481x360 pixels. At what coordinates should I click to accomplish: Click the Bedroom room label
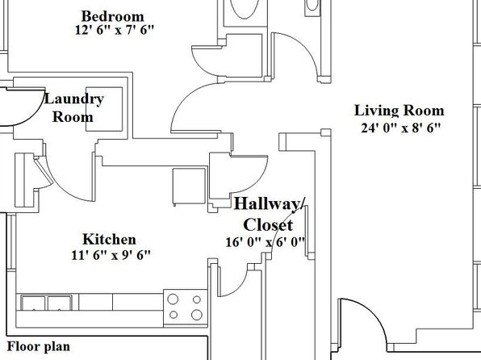pyautogui.click(x=112, y=17)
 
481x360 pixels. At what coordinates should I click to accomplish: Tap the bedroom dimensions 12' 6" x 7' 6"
pyautogui.click(x=114, y=30)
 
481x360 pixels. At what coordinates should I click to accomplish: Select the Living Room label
pyautogui.click(x=399, y=111)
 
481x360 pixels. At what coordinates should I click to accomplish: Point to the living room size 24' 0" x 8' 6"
pyautogui.click(x=400, y=128)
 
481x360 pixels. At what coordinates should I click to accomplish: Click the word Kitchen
pyautogui.click(x=109, y=240)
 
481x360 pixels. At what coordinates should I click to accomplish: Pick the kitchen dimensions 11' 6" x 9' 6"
pyautogui.click(x=111, y=255)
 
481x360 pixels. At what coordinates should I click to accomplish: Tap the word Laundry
pyautogui.click(x=74, y=98)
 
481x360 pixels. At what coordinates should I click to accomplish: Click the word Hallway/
pyautogui.click(x=270, y=203)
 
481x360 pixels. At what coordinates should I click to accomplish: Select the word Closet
pyautogui.click(x=268, y=224)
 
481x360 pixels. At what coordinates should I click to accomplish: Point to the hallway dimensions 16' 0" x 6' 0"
pyautogui.click(x=265, y=242)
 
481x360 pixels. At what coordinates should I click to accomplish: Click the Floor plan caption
pyautogui.click(x=39, y=346)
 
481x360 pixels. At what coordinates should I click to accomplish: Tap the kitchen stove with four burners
pyautogui.click(x=186, y=308)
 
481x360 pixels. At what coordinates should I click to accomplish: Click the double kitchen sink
pyautogui.click(x=47, y=303)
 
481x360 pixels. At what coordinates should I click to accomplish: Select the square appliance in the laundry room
pyautogui.click(x=104, y=109)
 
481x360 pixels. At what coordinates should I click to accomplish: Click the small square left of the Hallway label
pyautogui.click(x=212, y=207)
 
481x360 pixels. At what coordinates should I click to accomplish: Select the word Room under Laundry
pyautogui.click(x=73, y=117)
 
